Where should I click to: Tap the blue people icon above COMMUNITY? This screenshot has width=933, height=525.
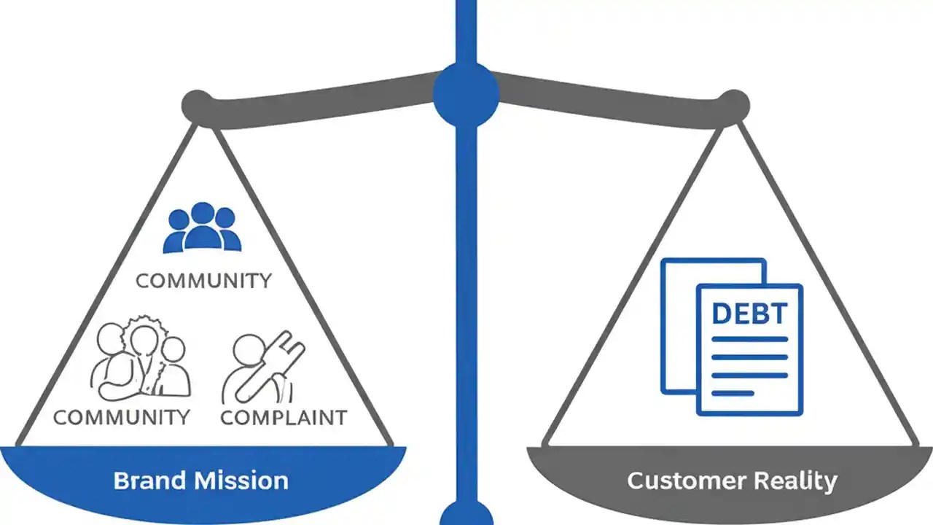[202, 228]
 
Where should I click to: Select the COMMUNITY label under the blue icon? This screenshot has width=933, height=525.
[203, 280]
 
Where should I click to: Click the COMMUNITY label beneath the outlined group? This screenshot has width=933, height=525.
[122, 417]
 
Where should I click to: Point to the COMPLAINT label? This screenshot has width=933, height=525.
[284, 417]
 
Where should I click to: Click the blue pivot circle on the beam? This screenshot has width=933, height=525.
[466, 93]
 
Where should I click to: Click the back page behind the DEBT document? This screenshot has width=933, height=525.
[678, 328]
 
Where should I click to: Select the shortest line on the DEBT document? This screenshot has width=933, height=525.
[733, 393]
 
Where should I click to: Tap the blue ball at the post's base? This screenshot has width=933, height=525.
[466, 514]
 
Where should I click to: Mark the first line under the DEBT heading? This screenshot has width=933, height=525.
[749, 339]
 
